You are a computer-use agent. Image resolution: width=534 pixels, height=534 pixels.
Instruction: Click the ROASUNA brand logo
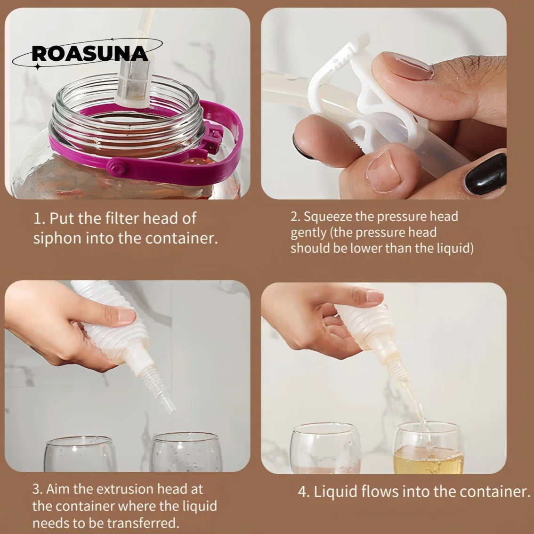tap(89, 54)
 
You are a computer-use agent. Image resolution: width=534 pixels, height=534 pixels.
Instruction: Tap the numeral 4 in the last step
tap(303, 492)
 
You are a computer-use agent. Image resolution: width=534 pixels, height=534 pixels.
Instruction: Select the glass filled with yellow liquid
tap(429, 447)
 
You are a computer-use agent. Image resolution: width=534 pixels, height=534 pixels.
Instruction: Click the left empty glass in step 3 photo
tap(81, 453)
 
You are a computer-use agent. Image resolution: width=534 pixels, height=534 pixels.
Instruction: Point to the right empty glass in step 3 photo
tap(186, 452)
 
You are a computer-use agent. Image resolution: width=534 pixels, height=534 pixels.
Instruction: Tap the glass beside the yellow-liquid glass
tap(325, 448)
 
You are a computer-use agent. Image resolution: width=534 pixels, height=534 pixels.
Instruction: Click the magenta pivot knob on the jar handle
tap(118, 167)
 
